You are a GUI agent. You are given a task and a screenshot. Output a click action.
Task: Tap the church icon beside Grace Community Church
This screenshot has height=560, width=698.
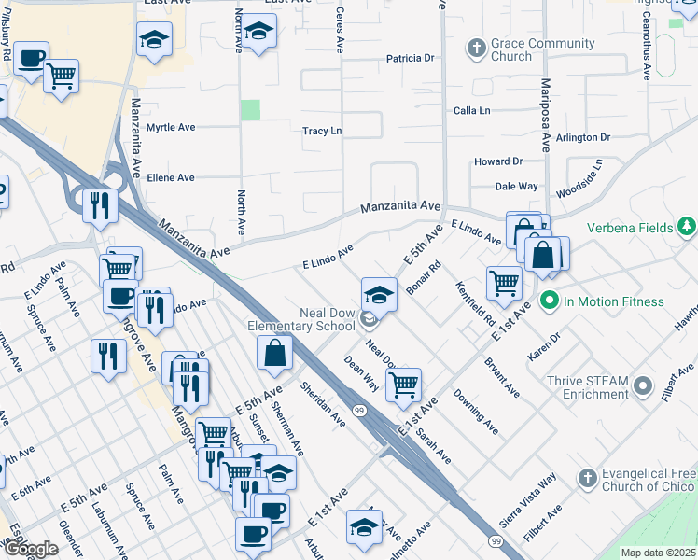tap(477, 47)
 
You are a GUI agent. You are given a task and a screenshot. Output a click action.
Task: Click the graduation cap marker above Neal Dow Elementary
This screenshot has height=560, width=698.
tap(379, 296)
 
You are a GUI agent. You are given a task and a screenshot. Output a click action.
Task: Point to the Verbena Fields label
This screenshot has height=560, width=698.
tap(632, 227)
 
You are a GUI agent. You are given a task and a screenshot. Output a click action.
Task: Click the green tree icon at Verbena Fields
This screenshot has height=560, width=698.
tap(687, 226)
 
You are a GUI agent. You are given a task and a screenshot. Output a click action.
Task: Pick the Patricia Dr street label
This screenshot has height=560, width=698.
tap(412, 58)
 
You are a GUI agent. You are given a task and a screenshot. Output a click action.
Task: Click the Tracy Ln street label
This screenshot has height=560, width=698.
tap(322, 132)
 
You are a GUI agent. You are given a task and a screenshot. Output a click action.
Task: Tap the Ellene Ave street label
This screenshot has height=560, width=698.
tap(171, 177)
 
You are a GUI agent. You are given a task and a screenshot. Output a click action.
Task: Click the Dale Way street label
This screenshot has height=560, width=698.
tap(516, 187)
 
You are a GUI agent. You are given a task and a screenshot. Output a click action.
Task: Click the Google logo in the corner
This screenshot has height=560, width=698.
tap(32, 549)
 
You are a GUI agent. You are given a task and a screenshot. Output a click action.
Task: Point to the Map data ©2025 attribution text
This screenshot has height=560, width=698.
tap(658, 553)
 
